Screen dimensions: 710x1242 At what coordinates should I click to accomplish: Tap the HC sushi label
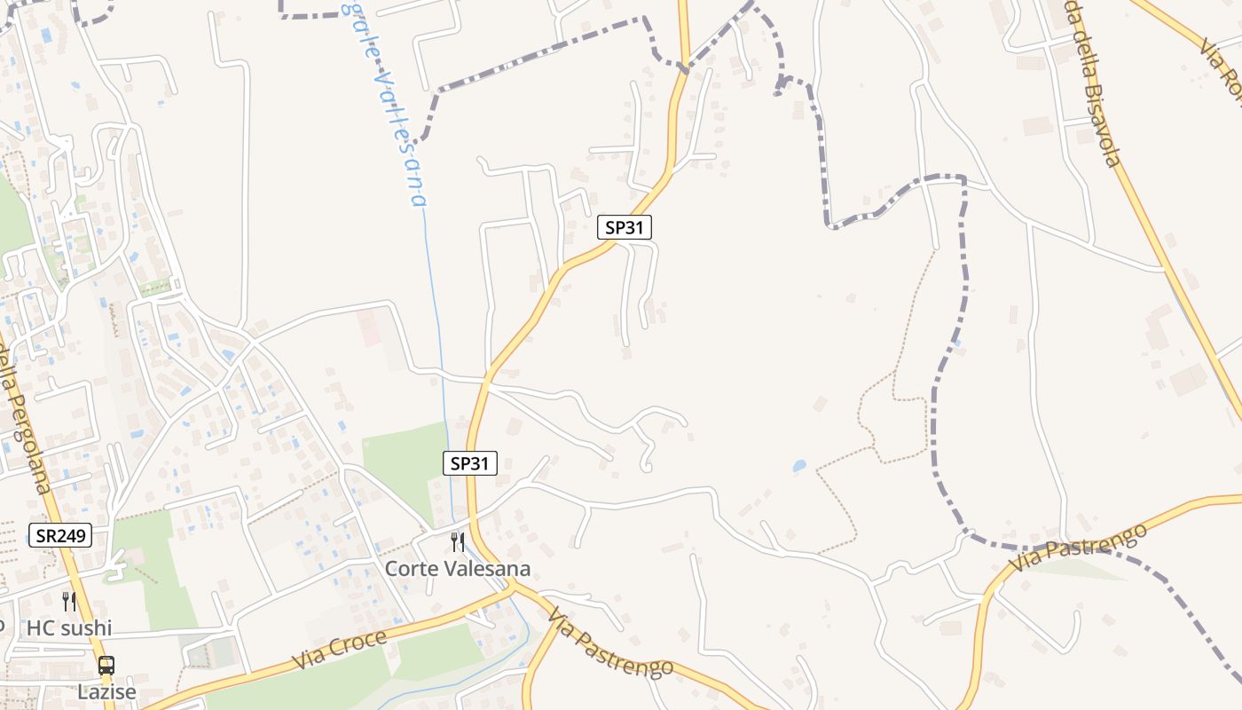tap(69, 628)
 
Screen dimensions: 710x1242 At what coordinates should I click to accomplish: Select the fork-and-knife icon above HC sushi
tap(69, 601)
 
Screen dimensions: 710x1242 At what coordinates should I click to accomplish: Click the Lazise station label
tap(106, 692)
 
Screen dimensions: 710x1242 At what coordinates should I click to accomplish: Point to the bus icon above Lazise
tap(106, 665)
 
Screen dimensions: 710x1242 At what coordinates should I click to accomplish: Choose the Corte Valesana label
tap(457, 568)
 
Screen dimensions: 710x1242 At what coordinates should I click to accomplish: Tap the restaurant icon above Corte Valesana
tap(458, 541)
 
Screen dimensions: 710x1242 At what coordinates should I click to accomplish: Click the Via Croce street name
tap(340, 651)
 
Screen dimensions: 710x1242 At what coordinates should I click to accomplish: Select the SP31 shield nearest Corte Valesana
tap(470, 462)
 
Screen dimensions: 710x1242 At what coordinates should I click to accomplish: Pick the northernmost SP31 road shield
tap(625, 227)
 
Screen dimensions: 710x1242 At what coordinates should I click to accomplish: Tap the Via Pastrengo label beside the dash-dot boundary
tap(1078, 548)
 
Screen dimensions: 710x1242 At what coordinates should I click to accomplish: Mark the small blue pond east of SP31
tap(799, 465)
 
